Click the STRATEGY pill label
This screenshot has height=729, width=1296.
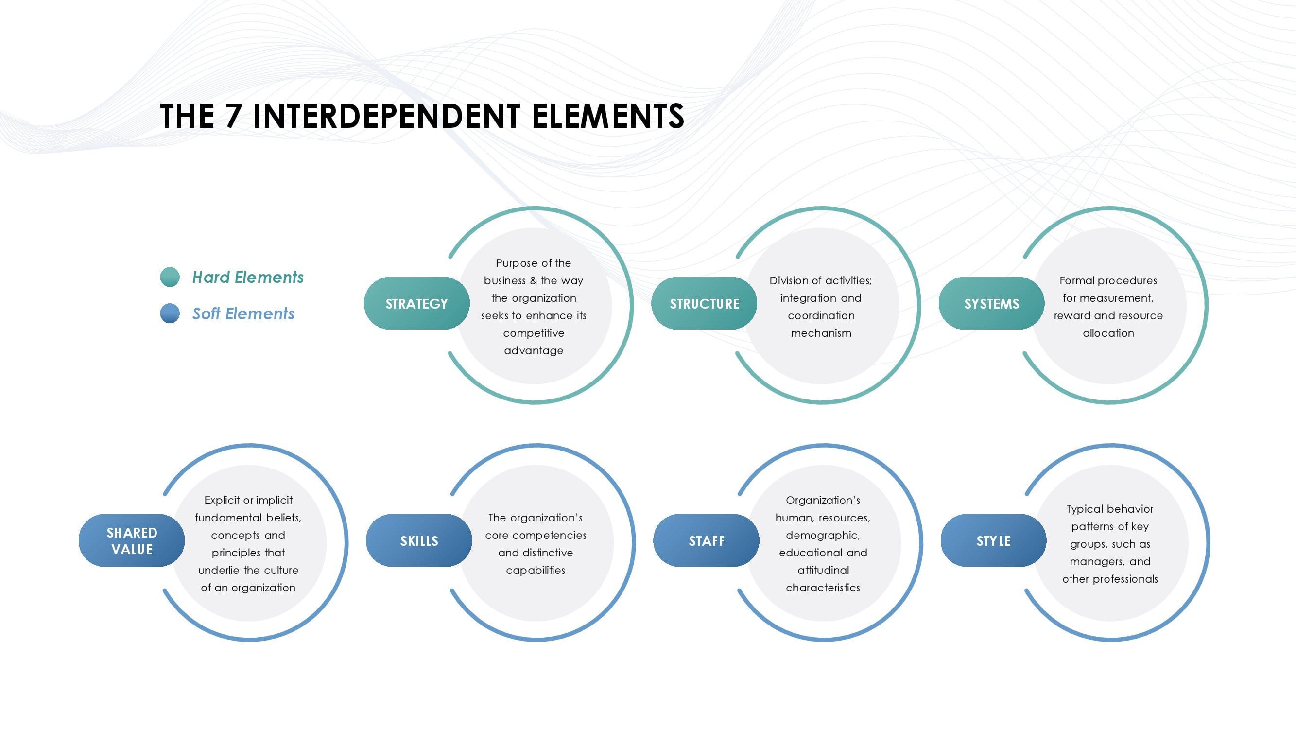416,303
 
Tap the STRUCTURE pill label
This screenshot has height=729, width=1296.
704,303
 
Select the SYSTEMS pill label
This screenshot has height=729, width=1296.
992,303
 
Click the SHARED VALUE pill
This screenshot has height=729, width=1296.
132,540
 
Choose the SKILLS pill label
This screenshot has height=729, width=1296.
419,540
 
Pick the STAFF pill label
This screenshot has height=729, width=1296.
707,540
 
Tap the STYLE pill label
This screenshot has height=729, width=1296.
994,540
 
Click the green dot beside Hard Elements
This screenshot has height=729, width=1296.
170,277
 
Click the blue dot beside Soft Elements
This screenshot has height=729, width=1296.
170,313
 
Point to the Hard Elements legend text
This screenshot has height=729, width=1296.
248,277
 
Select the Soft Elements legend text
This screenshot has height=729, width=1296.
243,313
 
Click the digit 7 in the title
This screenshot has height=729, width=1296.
233,116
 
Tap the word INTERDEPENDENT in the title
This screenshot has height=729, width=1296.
386,116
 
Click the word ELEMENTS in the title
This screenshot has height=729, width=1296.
608,116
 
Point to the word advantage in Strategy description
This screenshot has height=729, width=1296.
534,350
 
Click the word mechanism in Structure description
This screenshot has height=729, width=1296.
821,333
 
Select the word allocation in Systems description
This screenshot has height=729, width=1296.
1108,333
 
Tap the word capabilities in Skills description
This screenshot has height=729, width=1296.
536,571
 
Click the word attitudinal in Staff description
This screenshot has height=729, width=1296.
823,570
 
